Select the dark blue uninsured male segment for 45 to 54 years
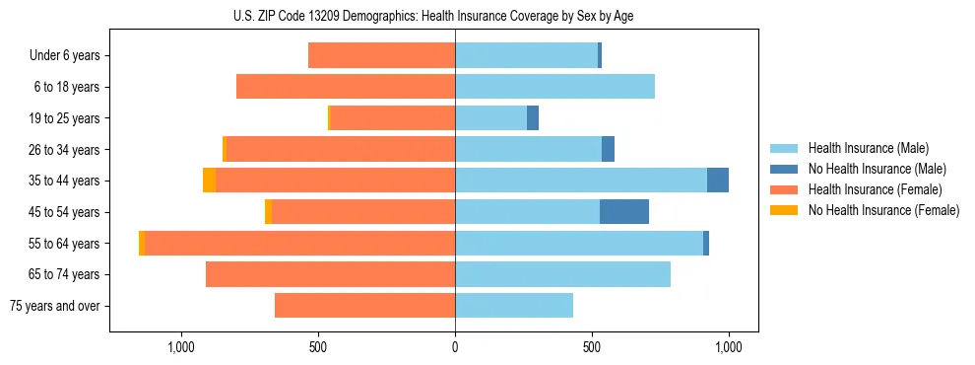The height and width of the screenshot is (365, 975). [x=624, y=211]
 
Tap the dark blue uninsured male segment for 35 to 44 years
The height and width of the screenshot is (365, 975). [x=718, y=181]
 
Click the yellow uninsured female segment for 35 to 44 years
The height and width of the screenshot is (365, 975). [x=210, y=181]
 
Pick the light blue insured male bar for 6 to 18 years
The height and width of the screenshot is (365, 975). [x=554, y=87]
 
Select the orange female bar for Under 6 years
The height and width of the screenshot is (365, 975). [x=382, y=55]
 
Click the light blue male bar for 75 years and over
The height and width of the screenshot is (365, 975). [x=514, y=306]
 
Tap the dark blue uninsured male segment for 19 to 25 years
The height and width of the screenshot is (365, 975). [x=533, y=118]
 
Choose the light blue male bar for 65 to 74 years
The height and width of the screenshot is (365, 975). [x=562, y=274]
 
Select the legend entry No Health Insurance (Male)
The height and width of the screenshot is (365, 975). [x=877, y=169]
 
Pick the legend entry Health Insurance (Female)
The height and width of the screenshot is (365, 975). [x=875, y=189]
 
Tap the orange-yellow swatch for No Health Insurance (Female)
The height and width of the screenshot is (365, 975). [x=783, y=210]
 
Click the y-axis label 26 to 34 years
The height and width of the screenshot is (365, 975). [x=65, y=150]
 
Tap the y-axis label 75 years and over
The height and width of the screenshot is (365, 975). [x=54, y=306]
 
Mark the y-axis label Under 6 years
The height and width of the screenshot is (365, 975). [x=64, y=55]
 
